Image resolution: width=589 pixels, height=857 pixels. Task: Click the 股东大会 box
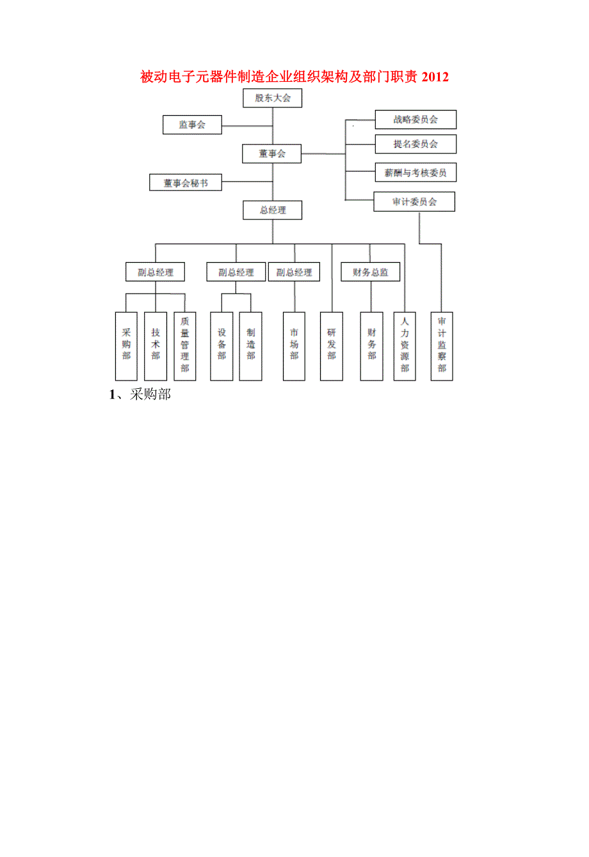click(x=273, y=98)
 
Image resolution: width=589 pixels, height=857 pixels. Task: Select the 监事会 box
click(x=192, y=125)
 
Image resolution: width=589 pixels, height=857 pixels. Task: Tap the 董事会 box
click(x=272, y=153)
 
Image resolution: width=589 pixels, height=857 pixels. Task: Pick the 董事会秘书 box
click(x=186, y=183)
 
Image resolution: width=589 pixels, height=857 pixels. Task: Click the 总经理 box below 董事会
click(x=273, y=210)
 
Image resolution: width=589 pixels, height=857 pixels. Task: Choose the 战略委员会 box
click(x=416, y=120)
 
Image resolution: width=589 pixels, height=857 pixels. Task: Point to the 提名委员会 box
click(x=416, y=144)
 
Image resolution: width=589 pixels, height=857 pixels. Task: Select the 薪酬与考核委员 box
click(x=416, y=173)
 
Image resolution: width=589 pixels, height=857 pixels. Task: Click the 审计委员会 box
click(x=414, y=202)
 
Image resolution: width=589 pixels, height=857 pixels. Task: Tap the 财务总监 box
click(x=371, y=272)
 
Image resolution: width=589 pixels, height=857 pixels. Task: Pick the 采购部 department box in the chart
click(x=126, y=346)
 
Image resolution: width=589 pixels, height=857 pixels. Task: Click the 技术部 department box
click(x=156, y=346)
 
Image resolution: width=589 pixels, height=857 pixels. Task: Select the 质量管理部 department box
click(x=185, y=346)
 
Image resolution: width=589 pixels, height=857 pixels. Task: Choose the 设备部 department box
click(x=222, y=346)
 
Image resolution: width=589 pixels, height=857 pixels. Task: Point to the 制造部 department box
click(x=250, y=346)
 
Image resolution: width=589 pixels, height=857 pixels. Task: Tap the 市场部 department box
click(x=294, y=346)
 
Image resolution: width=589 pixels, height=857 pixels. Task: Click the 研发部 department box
click(x=332, y=346)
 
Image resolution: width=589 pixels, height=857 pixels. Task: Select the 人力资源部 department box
click(x=405, y=346)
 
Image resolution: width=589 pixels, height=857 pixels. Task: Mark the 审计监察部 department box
click(x=442, y=346)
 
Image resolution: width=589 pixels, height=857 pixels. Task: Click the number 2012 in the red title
click(x=435, y=77)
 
